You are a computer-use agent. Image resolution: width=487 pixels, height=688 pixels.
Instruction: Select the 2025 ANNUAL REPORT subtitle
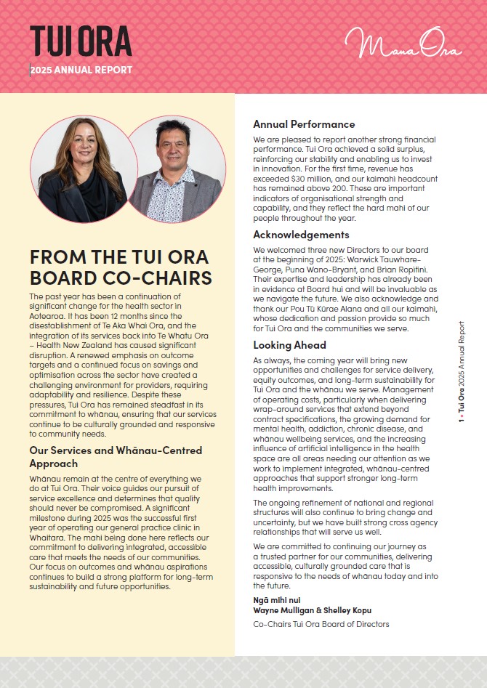pyautogui.click(x=82, y=70)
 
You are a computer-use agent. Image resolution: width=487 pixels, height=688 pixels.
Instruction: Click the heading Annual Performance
pyautogui.click(x=304, y=124)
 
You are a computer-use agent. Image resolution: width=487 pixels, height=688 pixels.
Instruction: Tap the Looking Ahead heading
pyautogui.click(x=289, y=345)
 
